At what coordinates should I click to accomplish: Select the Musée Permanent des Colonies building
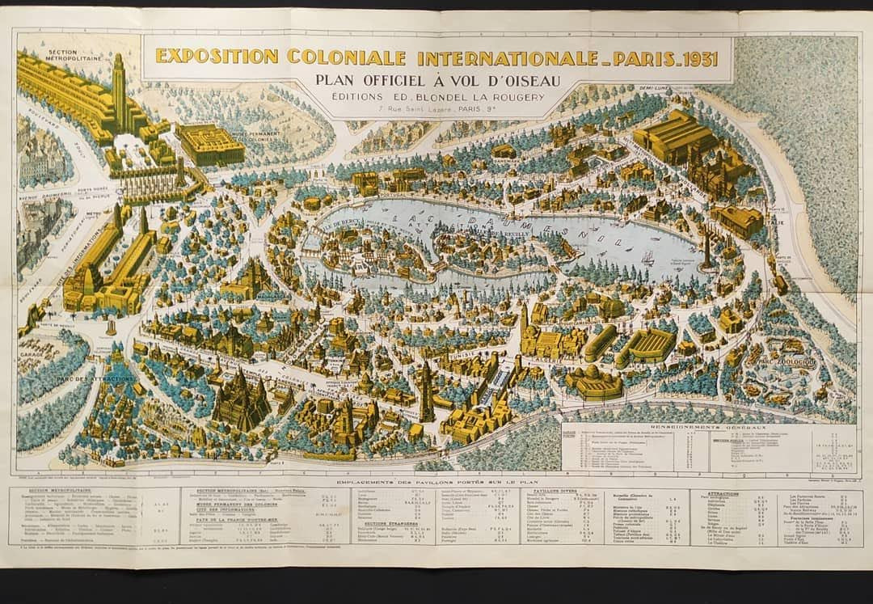[210, 144]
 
